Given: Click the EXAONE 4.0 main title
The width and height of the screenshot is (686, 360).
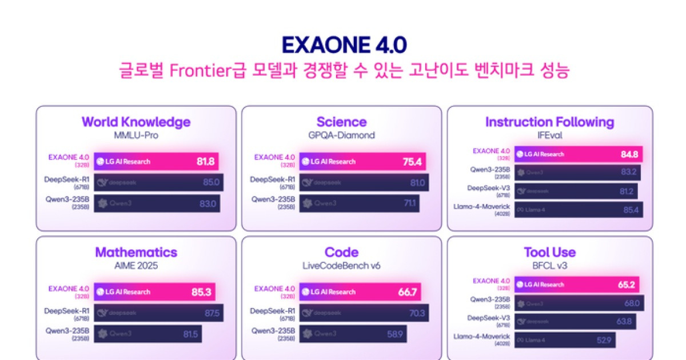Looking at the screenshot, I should pyautogui.click(x=344, y=45).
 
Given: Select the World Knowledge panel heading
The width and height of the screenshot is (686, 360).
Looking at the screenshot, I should pyautogui.click(x=136, y=122).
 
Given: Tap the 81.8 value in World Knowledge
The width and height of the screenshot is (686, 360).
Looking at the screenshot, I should pyautogui.click(x=205, y=162).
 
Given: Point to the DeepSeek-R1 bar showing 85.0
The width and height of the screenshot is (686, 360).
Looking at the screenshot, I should pyautogui.click(x=158, y=182).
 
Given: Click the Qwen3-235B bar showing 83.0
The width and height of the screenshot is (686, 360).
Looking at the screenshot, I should pyautogui.click(x=157, y=203).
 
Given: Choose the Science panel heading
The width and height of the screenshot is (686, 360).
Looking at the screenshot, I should pyautogui.click(x=341, y=122).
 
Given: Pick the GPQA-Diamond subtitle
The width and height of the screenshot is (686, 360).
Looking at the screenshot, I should pyautogui.click(x=341, y=135).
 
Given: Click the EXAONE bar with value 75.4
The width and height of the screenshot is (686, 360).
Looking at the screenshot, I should pyautogui.click(x=362, y=162).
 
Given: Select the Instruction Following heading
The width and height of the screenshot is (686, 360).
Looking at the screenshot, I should pyautogui.click(x=549, y=122).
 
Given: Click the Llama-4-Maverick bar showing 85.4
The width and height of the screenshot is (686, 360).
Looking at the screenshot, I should pyautogui.click(x=579, y=210).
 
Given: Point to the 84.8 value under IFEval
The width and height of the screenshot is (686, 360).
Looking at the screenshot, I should pyautogui.click(x=628, y=154).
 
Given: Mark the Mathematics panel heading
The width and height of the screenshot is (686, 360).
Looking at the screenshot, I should pyautogui.click(x=136, y=252).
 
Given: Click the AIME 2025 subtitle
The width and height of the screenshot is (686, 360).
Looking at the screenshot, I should pyautogui.click(x=136, y=266).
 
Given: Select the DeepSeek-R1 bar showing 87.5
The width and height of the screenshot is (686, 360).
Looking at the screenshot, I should pyautogui.click(x=158, y=313).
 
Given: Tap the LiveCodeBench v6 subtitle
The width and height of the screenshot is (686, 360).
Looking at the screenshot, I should pyautogui.click(x=341, y=266).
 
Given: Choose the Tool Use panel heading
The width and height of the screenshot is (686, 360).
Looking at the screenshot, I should pyautogui.click(x=549, y=252).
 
